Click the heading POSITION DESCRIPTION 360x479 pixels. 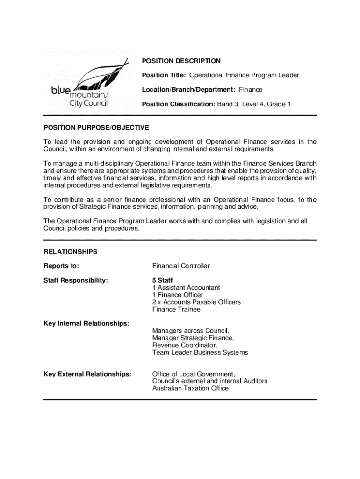pos(181,61)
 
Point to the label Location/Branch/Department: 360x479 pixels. pos(189,89)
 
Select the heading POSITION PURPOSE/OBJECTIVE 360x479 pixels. pos(96,127)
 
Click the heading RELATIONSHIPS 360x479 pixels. pos(71,252)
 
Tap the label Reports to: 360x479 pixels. pos(61,266)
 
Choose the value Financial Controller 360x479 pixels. pos(181,266)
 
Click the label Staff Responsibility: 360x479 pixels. pos(76,281)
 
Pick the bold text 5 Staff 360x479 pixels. pos(162,281)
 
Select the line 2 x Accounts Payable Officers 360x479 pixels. pos(196,302)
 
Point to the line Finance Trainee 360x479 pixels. pos(176,309)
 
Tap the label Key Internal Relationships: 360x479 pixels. pos(86,324)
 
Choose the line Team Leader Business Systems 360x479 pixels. pos(200,352)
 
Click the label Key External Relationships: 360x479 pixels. pos(87,374)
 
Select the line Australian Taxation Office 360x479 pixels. pos(190,388)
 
